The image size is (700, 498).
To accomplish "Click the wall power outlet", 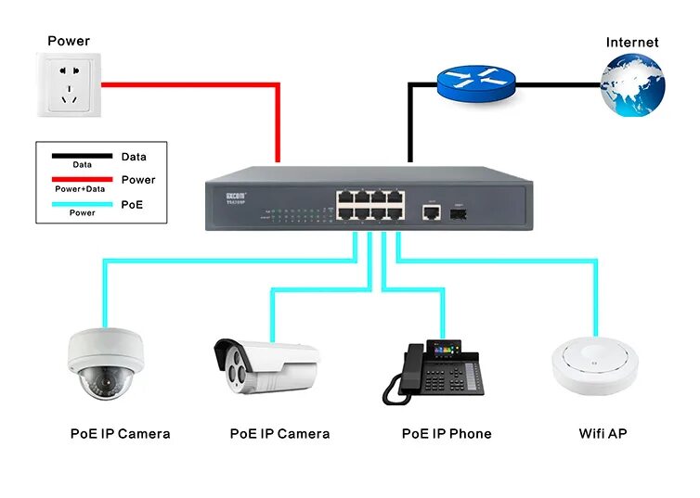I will tap(67, 84).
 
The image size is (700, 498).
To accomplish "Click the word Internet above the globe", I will tap(631, 42).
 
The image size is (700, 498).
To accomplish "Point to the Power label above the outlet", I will tap(69, 41).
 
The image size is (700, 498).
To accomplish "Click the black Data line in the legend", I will tap(82, 156).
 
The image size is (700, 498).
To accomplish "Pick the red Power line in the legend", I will tap(82, 179).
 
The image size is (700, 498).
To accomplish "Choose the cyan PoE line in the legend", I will tap(82, 203).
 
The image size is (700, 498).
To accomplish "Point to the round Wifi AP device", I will tap(594, 365).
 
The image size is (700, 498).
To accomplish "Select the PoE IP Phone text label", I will tap(446, 433).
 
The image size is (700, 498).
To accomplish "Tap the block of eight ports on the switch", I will tap(369, 203).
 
